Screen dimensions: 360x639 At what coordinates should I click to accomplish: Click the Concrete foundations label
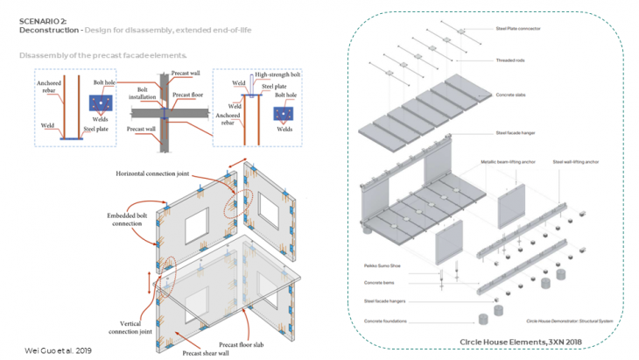pyautogui.click(x=386, y=319)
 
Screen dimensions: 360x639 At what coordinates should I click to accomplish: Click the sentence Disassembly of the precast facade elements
pyautogui.click(x=103, y=55)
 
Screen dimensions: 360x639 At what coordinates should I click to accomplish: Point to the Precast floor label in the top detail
pyautogui.click(x=187, y=95)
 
